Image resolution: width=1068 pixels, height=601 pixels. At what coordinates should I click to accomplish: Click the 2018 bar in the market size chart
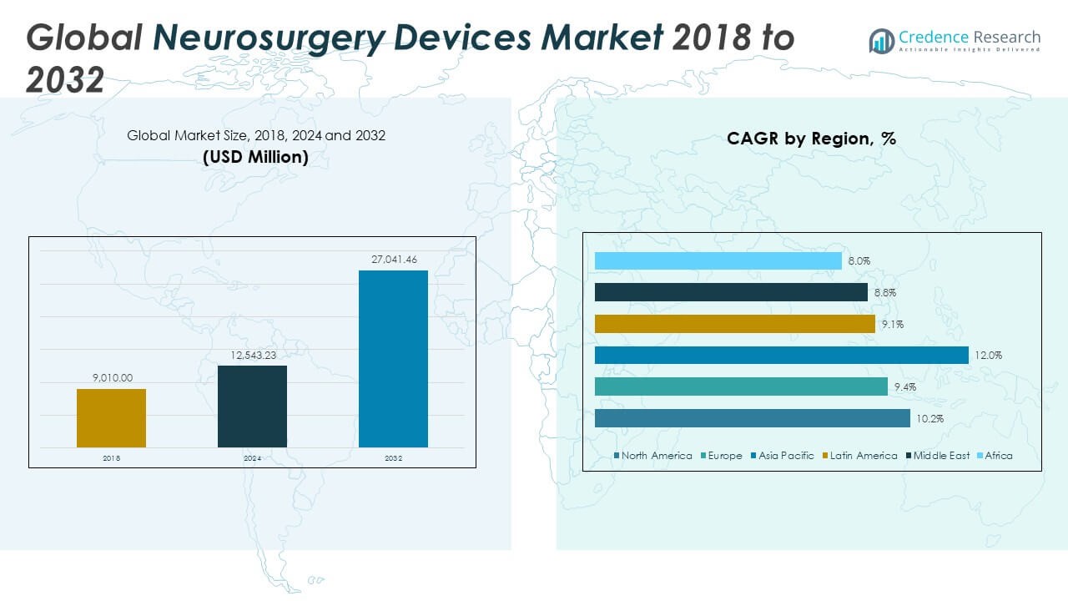click(x=111, y=418)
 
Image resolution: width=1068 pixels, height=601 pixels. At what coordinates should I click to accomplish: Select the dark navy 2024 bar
click(x=252, y=407)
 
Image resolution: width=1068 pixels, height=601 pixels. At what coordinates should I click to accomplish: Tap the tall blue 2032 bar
click(x=393, y=359)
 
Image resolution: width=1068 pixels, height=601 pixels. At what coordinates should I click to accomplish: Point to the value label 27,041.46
click(x=393, y=260)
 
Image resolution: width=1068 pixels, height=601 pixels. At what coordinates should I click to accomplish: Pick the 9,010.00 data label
click(x=112, y=378)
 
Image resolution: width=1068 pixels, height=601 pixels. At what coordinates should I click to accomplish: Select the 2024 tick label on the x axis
click(x=252, y=458)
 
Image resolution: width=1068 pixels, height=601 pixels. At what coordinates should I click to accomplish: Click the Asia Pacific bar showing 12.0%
click(x=781, y=356)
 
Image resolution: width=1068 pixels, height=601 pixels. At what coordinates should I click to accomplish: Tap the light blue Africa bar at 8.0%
click(x=718, y=261)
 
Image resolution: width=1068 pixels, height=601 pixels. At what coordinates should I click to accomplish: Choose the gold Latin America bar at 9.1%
click(x=734, y=324)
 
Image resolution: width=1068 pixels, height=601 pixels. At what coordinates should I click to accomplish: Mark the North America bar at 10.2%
click(x=752, y=418)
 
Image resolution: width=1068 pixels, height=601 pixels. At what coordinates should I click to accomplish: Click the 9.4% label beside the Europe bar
click(x=904, y=387)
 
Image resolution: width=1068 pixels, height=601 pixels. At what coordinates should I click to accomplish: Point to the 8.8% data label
click(x=884, y=293)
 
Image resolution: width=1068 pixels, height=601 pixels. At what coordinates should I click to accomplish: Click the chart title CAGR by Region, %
click(x=811, y=139)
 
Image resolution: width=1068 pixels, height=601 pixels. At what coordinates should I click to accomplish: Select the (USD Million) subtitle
click(x=255, y=157)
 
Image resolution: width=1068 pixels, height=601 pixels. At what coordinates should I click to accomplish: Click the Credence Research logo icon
click(x=881, y=41)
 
